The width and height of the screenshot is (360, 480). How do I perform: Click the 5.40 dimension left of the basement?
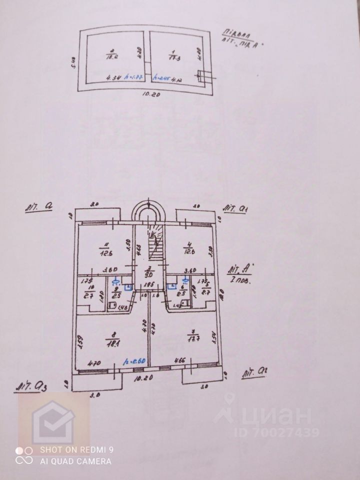coord(73,63)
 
